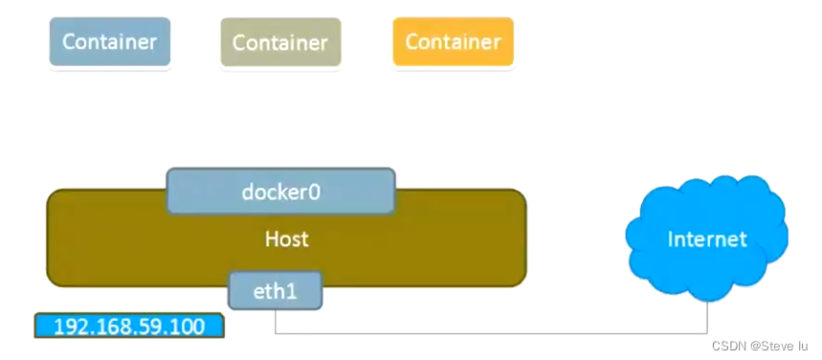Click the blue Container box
[110, 41]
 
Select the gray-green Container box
[281, 42]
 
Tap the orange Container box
[454, 41]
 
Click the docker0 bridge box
[281, 191]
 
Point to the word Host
[287, 239]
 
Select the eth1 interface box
[276, 290]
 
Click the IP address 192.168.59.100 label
[129, 326]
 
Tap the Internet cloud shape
[706, 238]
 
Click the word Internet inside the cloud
[707, 239]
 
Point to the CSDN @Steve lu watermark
[760, 346]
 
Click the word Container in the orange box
[454, 42]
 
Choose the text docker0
[281, 192]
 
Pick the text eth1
[276, 291]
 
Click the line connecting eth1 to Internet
[491, 332]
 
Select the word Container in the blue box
[110, 42]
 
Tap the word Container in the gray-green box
[281, 42]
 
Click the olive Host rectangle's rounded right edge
[525, 237]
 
